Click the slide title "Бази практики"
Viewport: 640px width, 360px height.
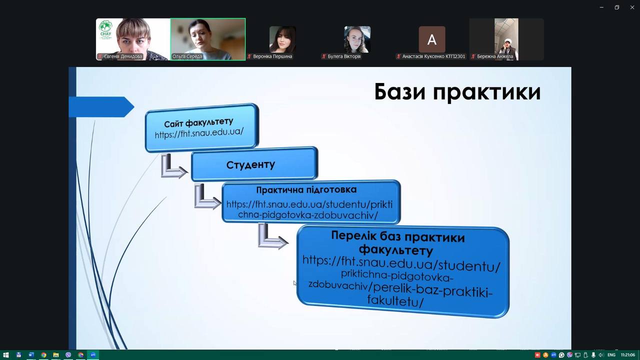tap(457, 92)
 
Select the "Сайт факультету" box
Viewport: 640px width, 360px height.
tap(202, 127)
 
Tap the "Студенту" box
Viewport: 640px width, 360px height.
tap(254, 164)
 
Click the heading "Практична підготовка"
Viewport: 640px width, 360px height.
tap(306, 189)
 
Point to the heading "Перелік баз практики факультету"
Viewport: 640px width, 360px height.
tap(397, 243)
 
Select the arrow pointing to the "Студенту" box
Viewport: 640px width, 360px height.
tap(173, 166)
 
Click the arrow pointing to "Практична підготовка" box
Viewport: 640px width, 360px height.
tap(207, 197)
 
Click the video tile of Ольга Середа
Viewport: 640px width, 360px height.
tap(208, 39)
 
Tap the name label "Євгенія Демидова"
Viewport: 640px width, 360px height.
tap(123, 56)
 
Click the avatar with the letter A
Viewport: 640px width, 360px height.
tap(431, 39)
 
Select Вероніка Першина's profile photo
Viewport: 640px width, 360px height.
tap(282, 39)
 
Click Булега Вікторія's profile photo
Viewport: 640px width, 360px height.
tap(357, 39)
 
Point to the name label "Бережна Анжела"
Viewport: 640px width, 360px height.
tap(495, 56)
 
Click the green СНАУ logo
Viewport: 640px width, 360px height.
tap(105, 29)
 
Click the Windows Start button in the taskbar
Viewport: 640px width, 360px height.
tap(5, 355)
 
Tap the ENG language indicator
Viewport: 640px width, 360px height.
tap(611, 355)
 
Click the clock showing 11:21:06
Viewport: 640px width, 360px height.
tap(627, 355)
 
